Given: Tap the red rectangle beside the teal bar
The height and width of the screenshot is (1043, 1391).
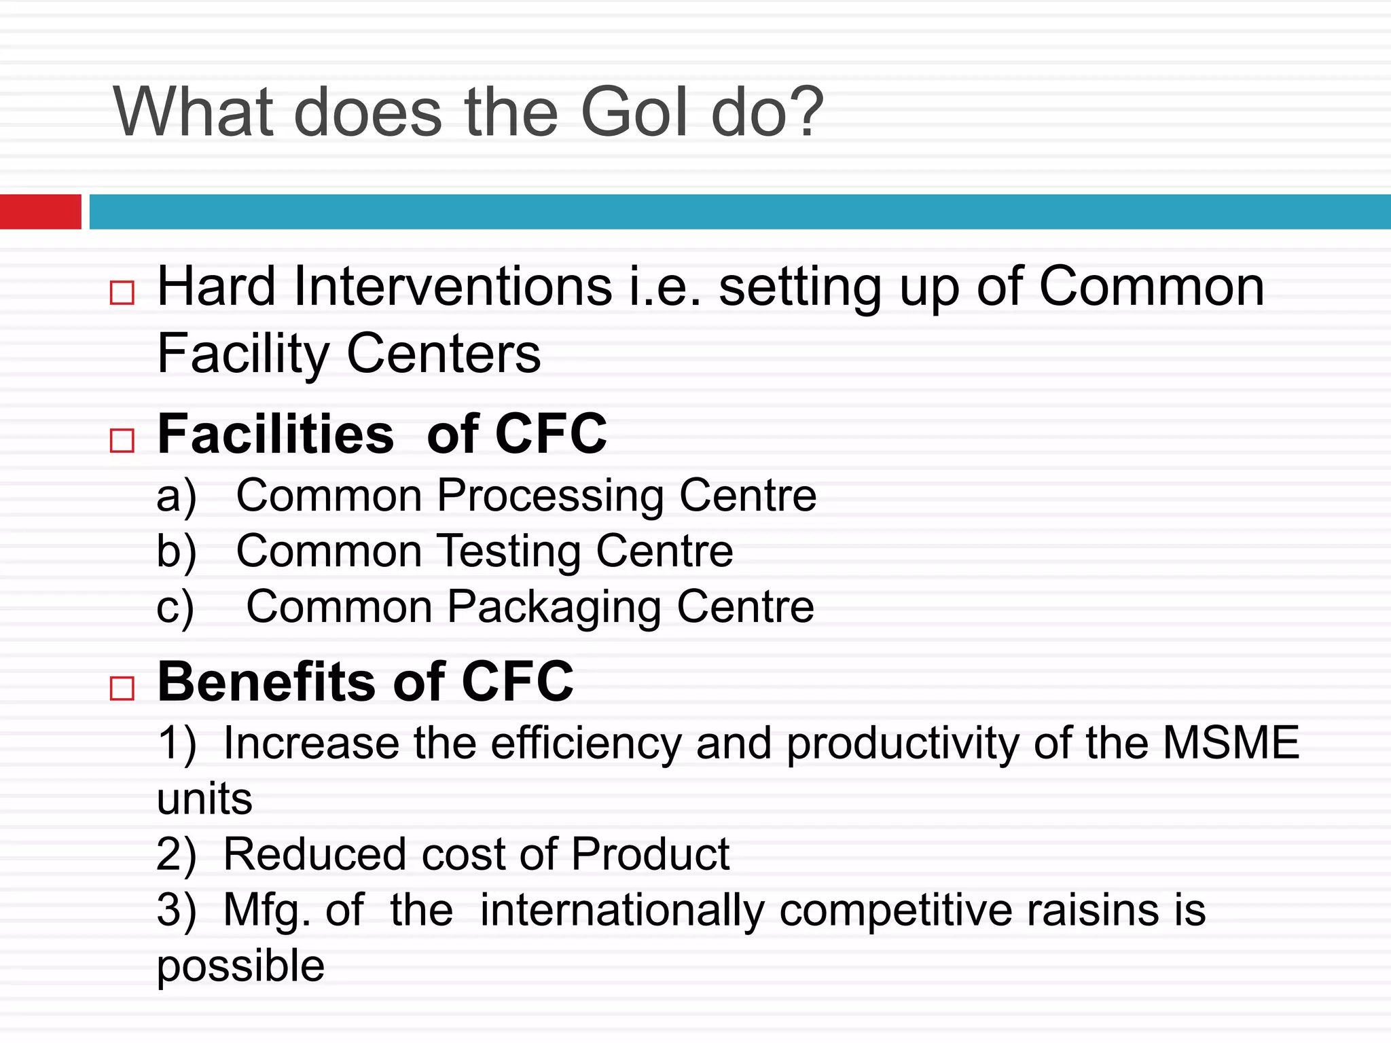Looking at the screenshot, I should pyautogui.click(x=40, y=211).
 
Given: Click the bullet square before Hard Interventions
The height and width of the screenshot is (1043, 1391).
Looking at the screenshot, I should pyautogui.click(x=122, y=293).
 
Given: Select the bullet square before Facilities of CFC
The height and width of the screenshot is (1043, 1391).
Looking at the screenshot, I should pyautogui.click(x=122, y=441).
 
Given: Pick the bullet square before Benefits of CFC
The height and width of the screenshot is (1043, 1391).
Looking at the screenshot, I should pyautogui.click(x=122, y=689).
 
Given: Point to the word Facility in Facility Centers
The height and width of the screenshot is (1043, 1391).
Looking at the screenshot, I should pyautogui.click(x=243, y=354).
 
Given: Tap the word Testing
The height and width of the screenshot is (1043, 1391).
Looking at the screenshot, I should pyautogui.click(x=509, y=551).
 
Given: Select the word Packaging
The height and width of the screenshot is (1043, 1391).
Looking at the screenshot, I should pyautogui.click(x=554, y=607).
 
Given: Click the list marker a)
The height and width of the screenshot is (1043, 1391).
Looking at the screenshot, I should pyautogui.click(x=176, y=496).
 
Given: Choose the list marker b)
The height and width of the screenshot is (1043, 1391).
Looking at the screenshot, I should pyautogui.click(x=176, y=551).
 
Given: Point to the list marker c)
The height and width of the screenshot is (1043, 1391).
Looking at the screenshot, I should pyautogui.click(x=175, y=607).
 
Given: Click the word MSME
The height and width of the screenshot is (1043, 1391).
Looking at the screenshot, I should pyautogui.click(x=1231, y=742).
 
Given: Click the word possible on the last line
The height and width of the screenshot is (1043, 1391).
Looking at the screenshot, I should pyautogui.click(x=240, y=966).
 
